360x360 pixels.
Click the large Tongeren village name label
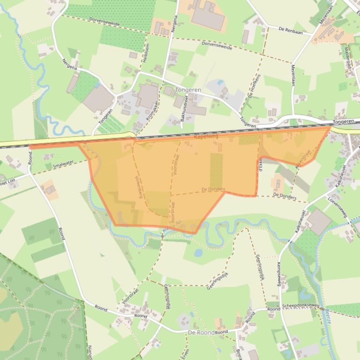point(187,90)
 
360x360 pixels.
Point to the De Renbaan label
point(290,29)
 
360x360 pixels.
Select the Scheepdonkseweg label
point(301,306)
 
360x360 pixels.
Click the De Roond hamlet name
point(201,332)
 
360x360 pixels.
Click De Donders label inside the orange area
point(213,189)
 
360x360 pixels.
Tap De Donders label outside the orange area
point(284,196)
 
